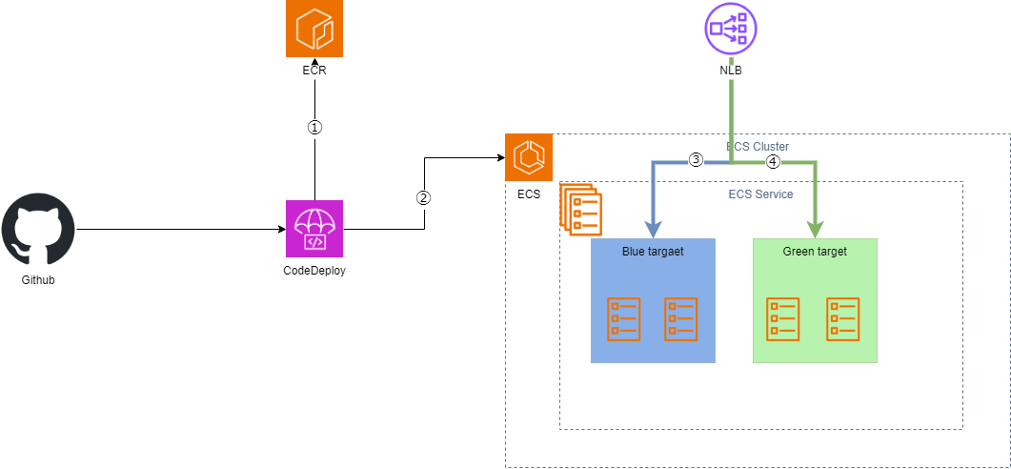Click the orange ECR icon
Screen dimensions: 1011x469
(314, 29)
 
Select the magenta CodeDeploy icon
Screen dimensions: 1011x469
(314, 229)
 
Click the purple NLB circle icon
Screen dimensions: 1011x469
(731, 30)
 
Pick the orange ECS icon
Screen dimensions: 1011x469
(529, 156)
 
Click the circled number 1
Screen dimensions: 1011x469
(314, 127)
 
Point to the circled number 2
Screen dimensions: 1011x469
(424, 198)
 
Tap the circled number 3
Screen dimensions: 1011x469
(695, 161)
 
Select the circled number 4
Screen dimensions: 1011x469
(773, 162)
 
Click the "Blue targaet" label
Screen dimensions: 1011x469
(653, 252)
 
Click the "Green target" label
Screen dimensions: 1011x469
(815, 252)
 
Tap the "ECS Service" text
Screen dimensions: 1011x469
(760, 194)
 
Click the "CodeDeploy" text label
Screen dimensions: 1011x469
(314, 271)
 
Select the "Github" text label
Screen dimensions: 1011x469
(38, 280)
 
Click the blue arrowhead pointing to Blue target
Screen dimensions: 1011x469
(654, 230)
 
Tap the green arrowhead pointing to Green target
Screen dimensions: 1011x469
(815, 230)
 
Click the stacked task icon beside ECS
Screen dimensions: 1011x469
(580, 209)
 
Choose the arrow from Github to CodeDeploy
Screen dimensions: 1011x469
(181, 229)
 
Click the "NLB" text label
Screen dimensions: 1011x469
(731, 71)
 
